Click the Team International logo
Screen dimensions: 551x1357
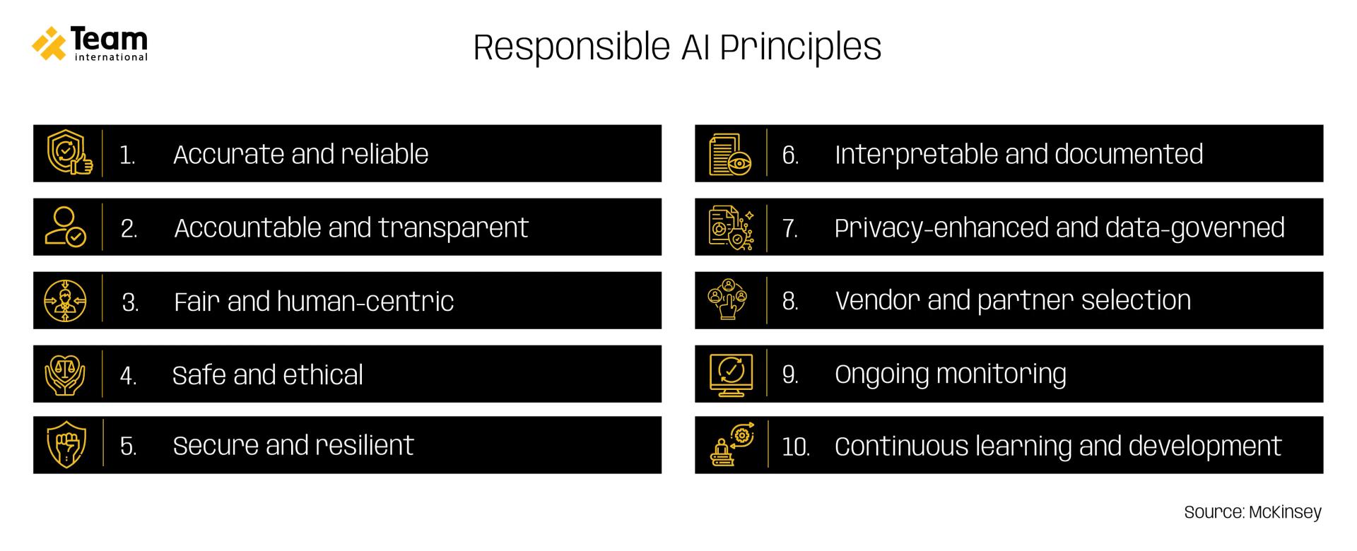[x=90, y=44]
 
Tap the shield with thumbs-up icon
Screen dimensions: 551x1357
[x=69, y=153]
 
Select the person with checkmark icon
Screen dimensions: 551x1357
[x=65, y=227]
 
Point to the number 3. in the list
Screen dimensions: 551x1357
[x=130, y=302]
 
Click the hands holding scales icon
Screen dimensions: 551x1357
[x=65, y=374]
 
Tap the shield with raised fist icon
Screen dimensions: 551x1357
[x=66, y=446]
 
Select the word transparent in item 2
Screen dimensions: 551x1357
[x=452, y=227]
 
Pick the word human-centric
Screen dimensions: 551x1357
[x=365, y=302]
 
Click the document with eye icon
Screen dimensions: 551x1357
[x=730, y=154]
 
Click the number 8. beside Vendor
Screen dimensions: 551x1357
[x=790, y=302]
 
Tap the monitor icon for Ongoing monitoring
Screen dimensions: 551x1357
[x=731, y=374]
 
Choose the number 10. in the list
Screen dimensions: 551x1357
[x=795, y=447]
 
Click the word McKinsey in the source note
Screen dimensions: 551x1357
[x=1284, y=512]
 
